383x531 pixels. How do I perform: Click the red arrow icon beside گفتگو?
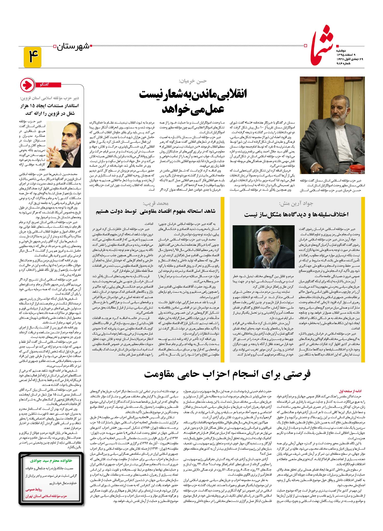(x=28, y=85)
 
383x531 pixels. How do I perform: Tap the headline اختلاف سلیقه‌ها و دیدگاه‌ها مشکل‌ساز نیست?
(x=296, y=214)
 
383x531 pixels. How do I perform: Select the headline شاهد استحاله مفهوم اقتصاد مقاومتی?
(x=156, y=211)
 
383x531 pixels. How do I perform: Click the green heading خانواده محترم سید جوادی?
(x=51, y=461)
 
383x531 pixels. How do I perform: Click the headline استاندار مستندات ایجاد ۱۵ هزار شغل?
(x=50, y=109)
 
